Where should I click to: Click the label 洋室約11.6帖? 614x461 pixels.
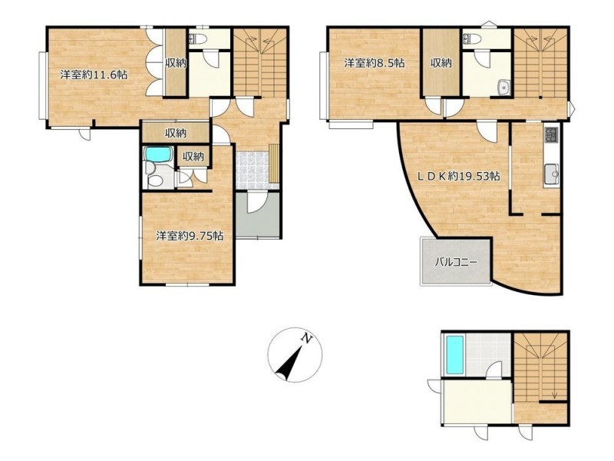tap(94, 75)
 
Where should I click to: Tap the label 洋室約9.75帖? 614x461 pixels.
tap(190, 236)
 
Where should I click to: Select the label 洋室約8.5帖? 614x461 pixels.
tap(375, 63)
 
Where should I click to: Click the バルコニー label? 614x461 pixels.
tap(456, 262)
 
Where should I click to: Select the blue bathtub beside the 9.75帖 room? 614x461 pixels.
tap(158, 154)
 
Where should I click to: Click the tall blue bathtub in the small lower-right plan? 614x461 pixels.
tap(454, 355)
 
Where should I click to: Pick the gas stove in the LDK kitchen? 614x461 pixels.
tap(551, 136)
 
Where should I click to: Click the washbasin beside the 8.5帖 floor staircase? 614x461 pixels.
tap(503, 88)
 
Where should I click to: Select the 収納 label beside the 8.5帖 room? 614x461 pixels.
tap(441, 63)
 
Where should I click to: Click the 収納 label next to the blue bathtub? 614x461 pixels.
tap(193, 157)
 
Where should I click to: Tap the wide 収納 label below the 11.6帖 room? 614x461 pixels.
tap(175, 133)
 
